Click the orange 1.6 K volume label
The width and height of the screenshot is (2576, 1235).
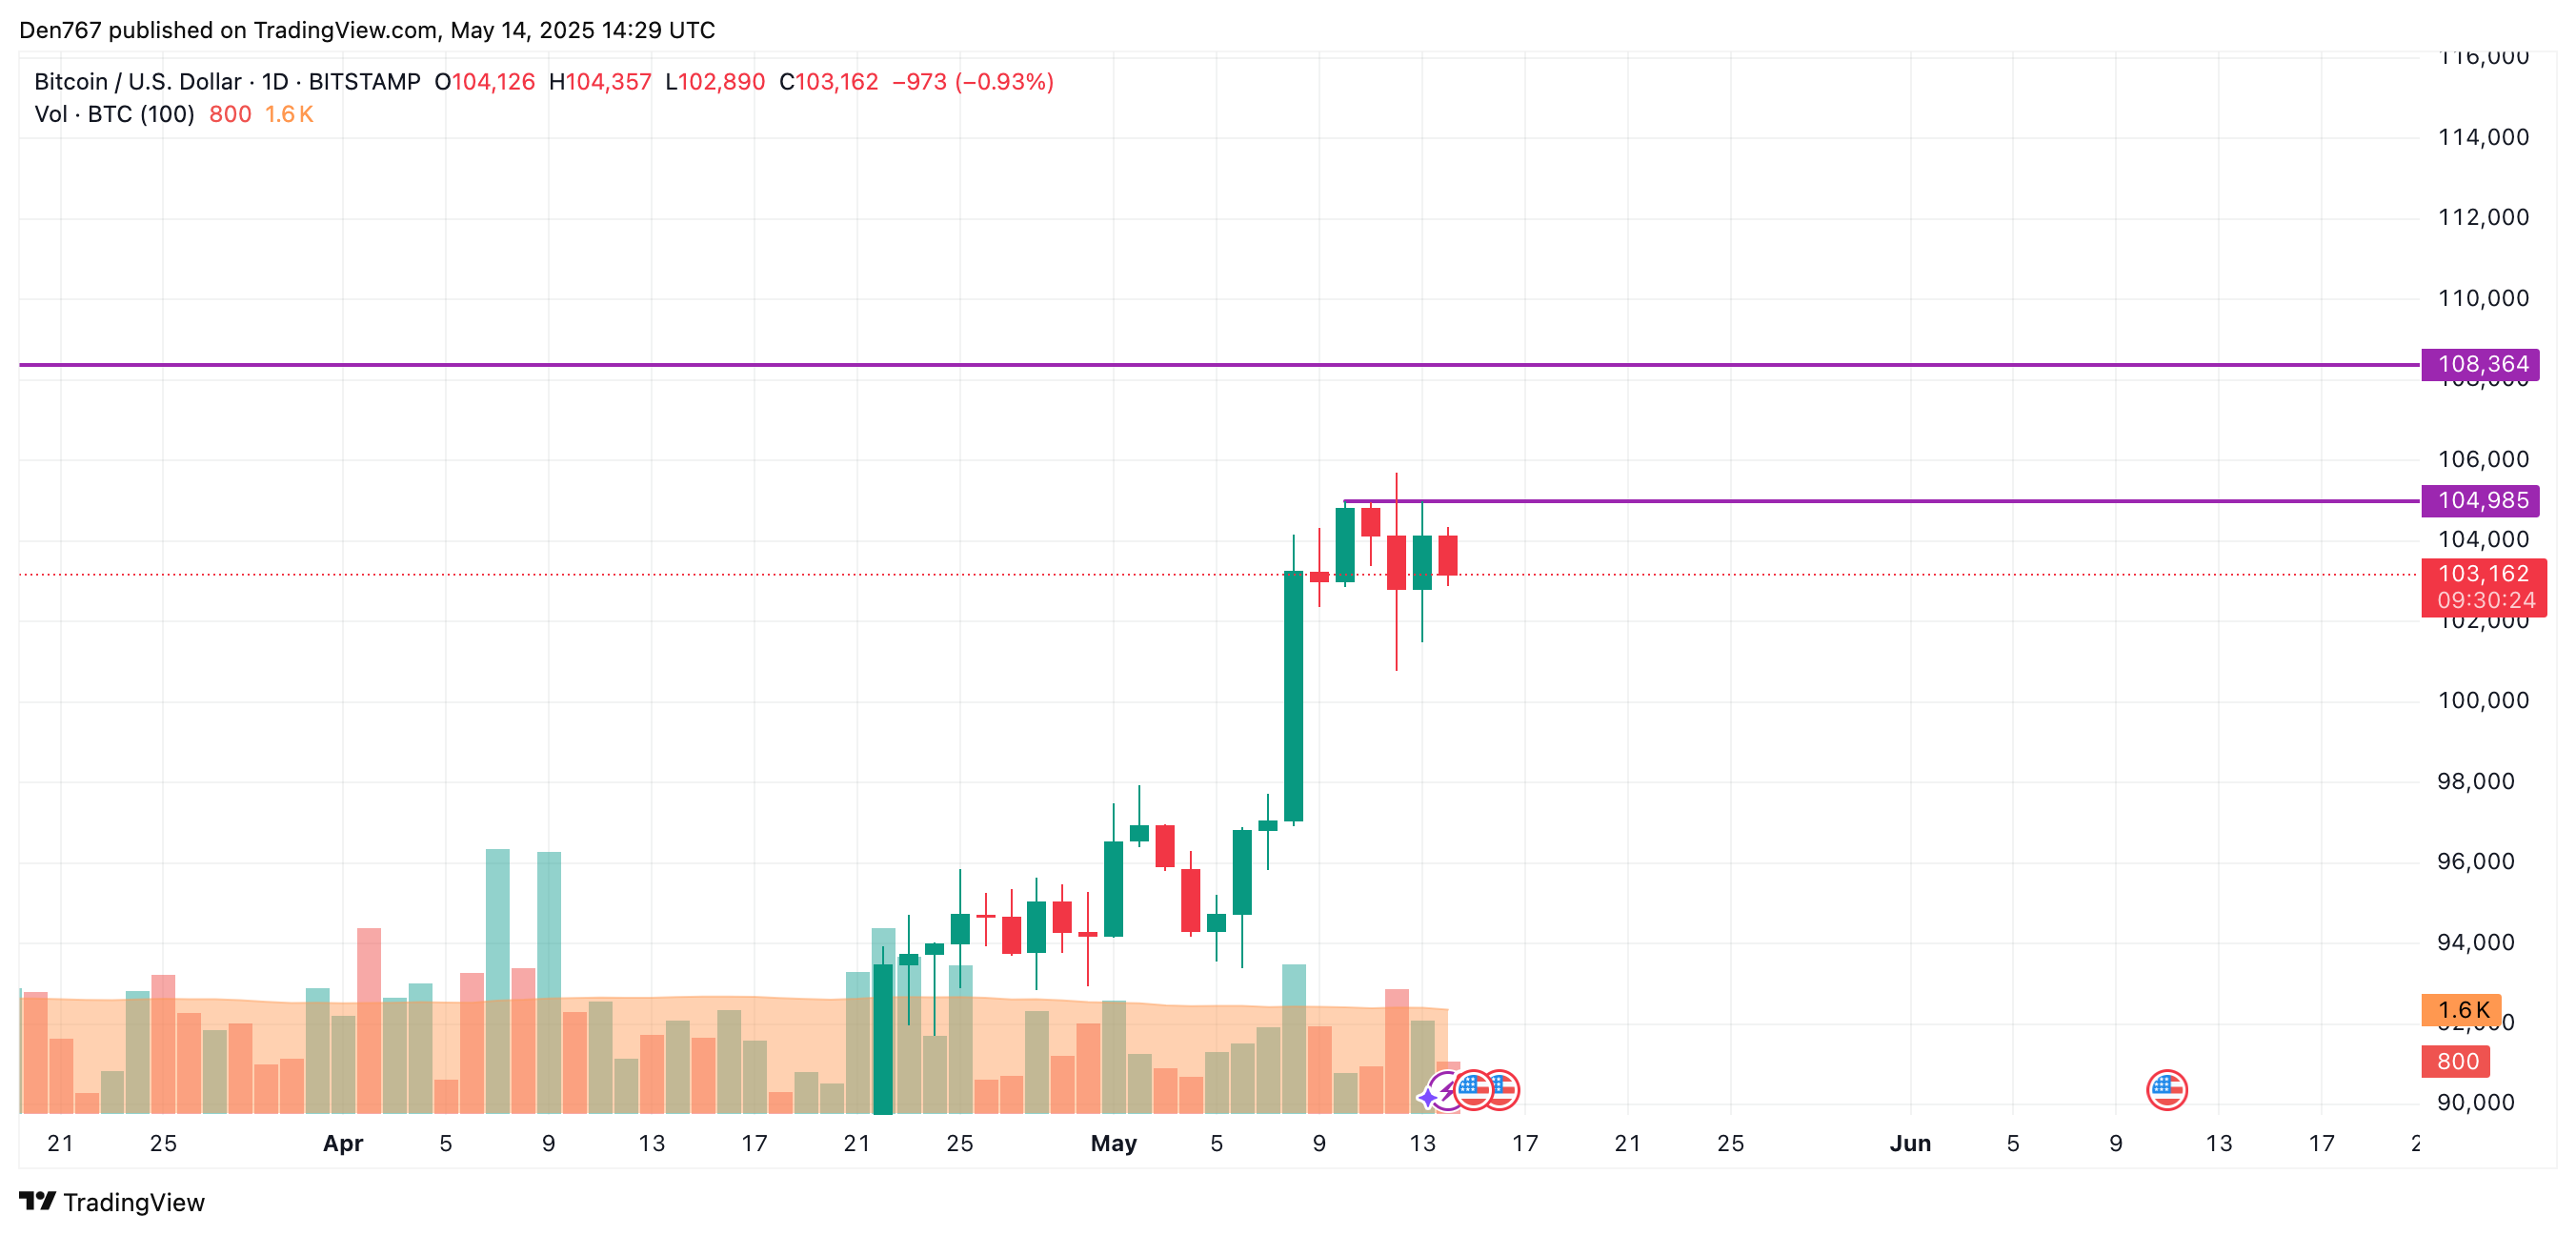point(2461,1010)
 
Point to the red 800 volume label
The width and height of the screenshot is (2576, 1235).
point(2456,1061)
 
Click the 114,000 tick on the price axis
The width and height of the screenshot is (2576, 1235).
point(2482,137)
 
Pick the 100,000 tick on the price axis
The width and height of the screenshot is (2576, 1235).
point(2482,700)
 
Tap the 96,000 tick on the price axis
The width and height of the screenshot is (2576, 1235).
point(2475,861)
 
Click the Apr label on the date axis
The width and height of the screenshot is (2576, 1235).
point(342,1143)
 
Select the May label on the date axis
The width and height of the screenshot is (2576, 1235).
point(1113,1143)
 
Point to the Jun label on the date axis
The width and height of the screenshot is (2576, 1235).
point(1909,1143)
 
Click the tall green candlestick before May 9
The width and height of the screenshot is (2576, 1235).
point(1293,696)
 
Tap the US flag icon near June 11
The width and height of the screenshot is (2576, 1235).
point(2166,1090)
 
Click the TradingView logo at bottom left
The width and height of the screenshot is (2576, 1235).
point(112,1201)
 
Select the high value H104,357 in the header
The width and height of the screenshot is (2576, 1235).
point(600,82)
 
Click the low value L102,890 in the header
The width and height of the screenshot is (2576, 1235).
point(715,82)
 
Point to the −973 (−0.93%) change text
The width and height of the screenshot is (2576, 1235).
point(972,82)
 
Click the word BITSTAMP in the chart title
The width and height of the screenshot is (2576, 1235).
point(364,82)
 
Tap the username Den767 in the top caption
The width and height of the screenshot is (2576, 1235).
point(60,30)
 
